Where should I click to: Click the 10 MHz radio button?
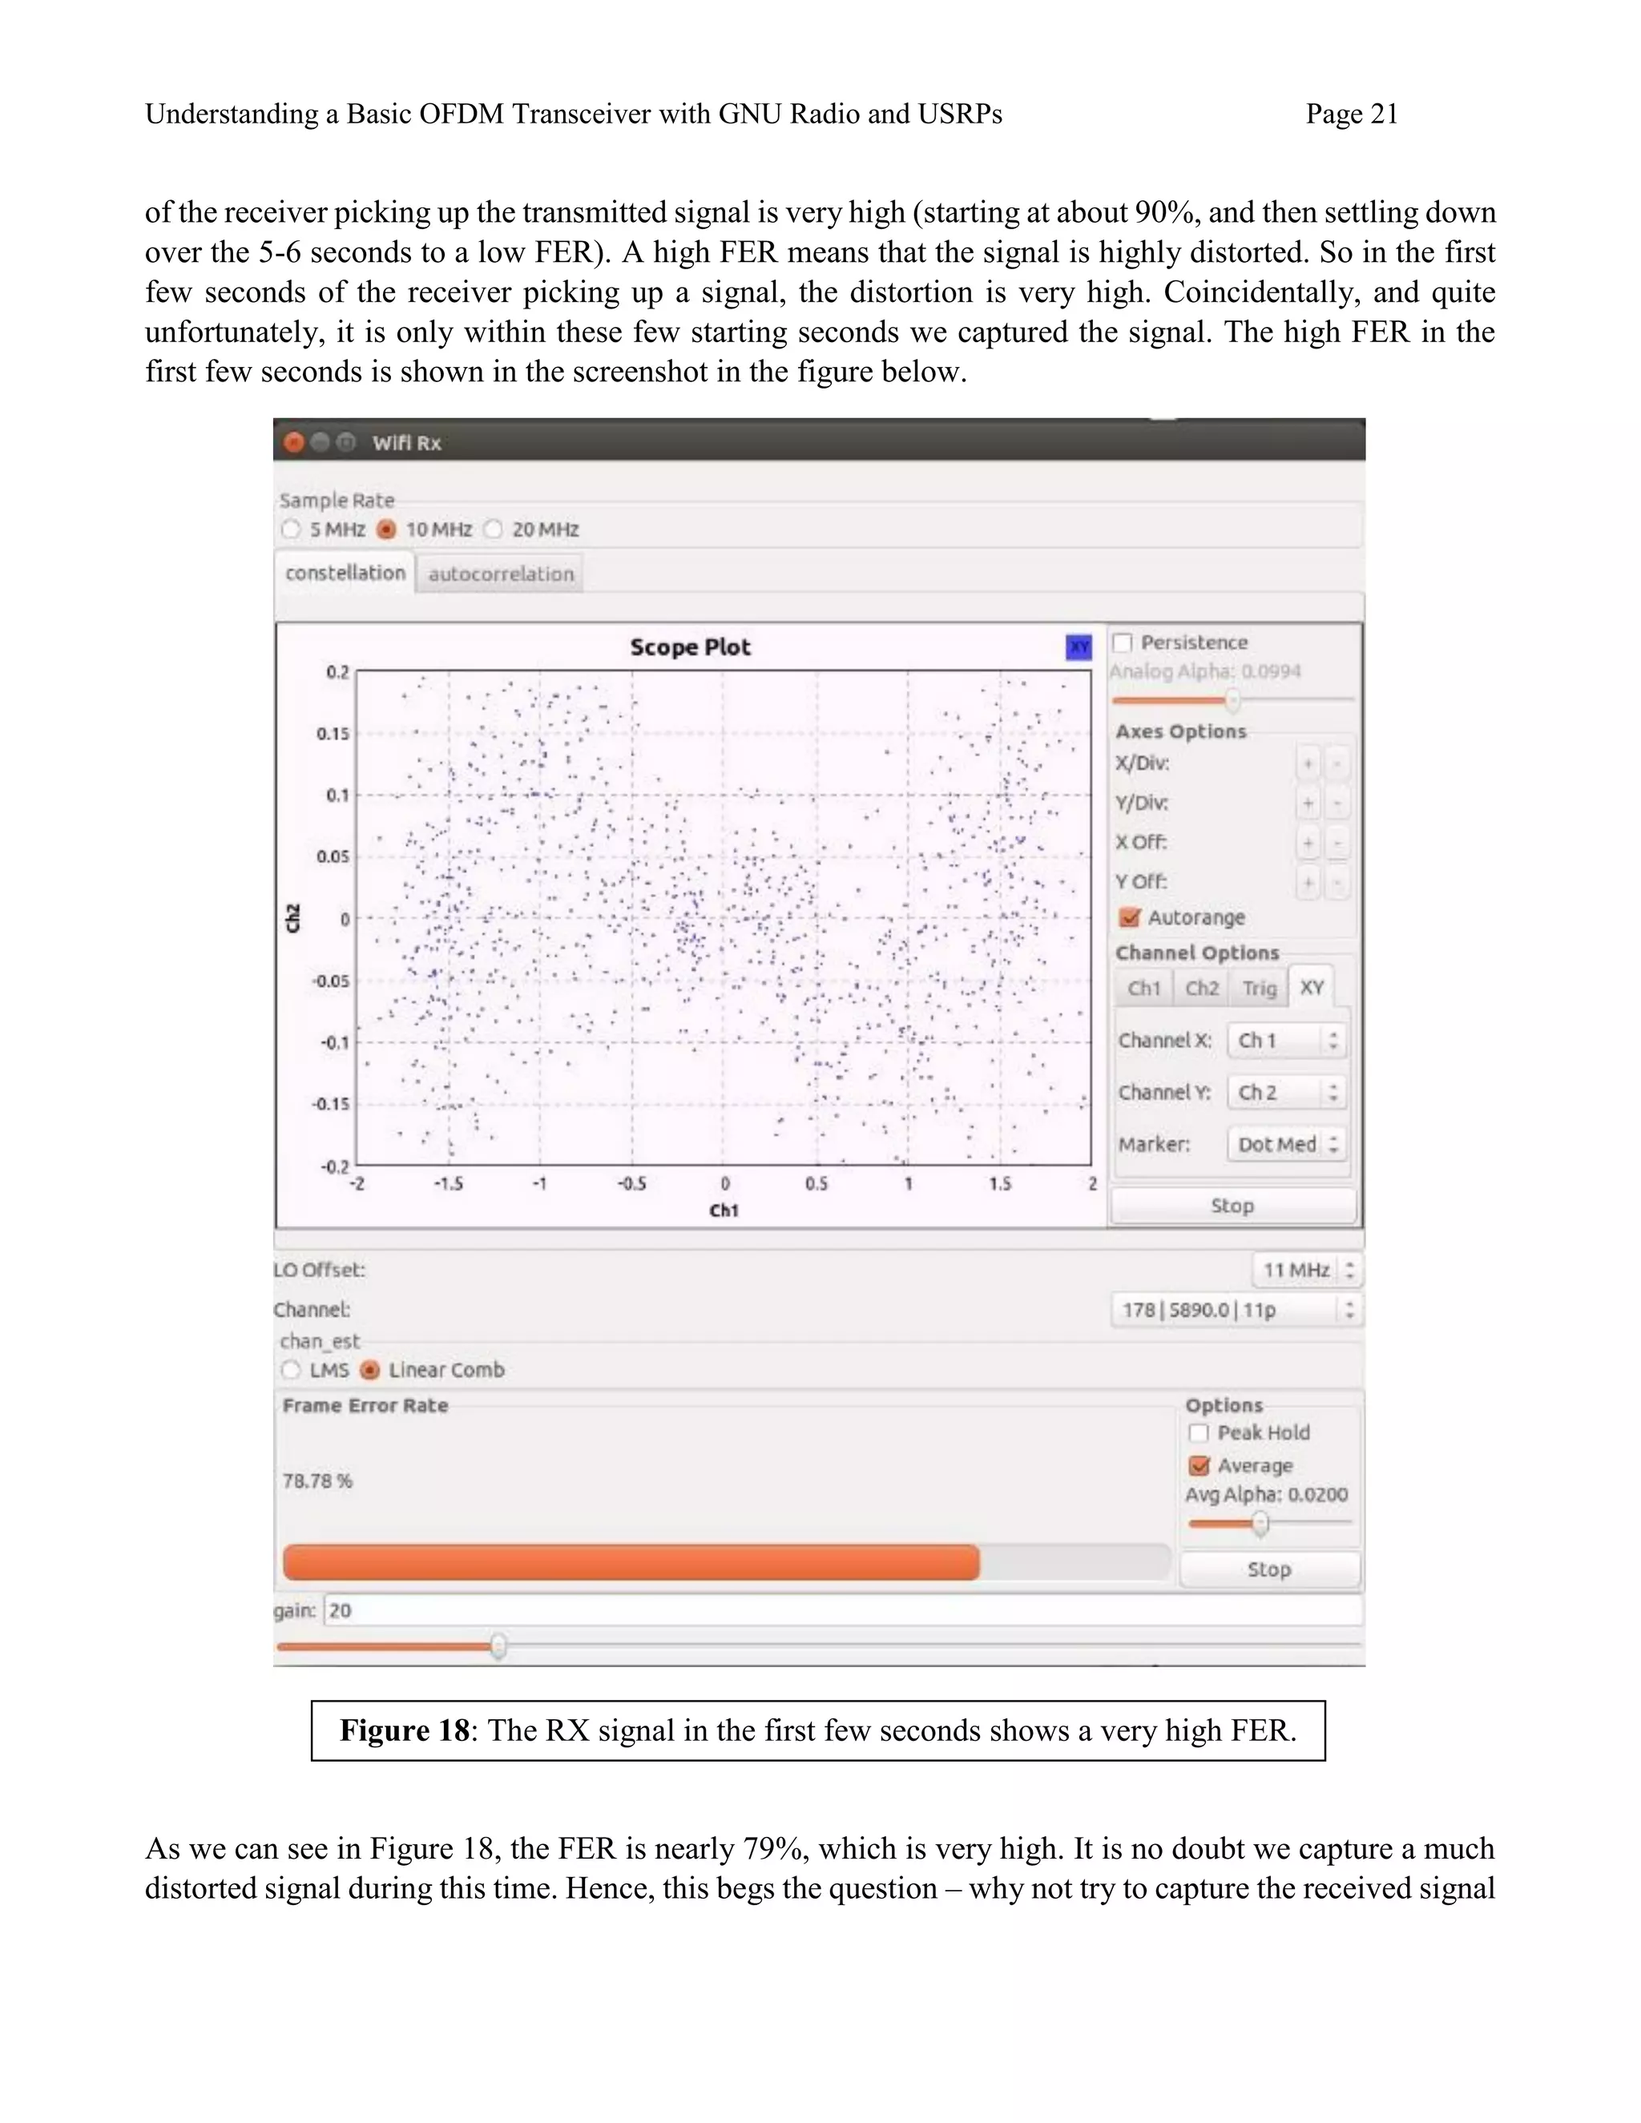click(x=387, y=530)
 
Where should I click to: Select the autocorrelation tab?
click(x=501, y=574)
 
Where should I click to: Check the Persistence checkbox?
click(x=1123, y=643)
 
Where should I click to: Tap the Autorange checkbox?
click(x=1130, y=917)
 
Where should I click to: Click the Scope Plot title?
click(x=689, y=647)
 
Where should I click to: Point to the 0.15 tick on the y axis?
click(x=333, y=734)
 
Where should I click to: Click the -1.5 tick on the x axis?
click(x=448, y=1184)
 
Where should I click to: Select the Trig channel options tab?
click(x=1259, y=989)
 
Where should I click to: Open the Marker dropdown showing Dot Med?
click(x=1286, y=1144)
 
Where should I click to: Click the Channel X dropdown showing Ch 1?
click(x=1286, y=1040)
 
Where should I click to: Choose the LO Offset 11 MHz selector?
click(x=1305, y=1271)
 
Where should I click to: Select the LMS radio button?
click(x=291, y=1370)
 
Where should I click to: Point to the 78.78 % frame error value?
click(x=318, y=1481)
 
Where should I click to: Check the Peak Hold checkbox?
click(x=1199, y=1433)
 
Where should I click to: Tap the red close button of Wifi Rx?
click(x=293, y=443)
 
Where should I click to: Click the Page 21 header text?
click(x=1351, y=115)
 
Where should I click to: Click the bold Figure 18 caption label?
click(x=404, y=1731)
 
